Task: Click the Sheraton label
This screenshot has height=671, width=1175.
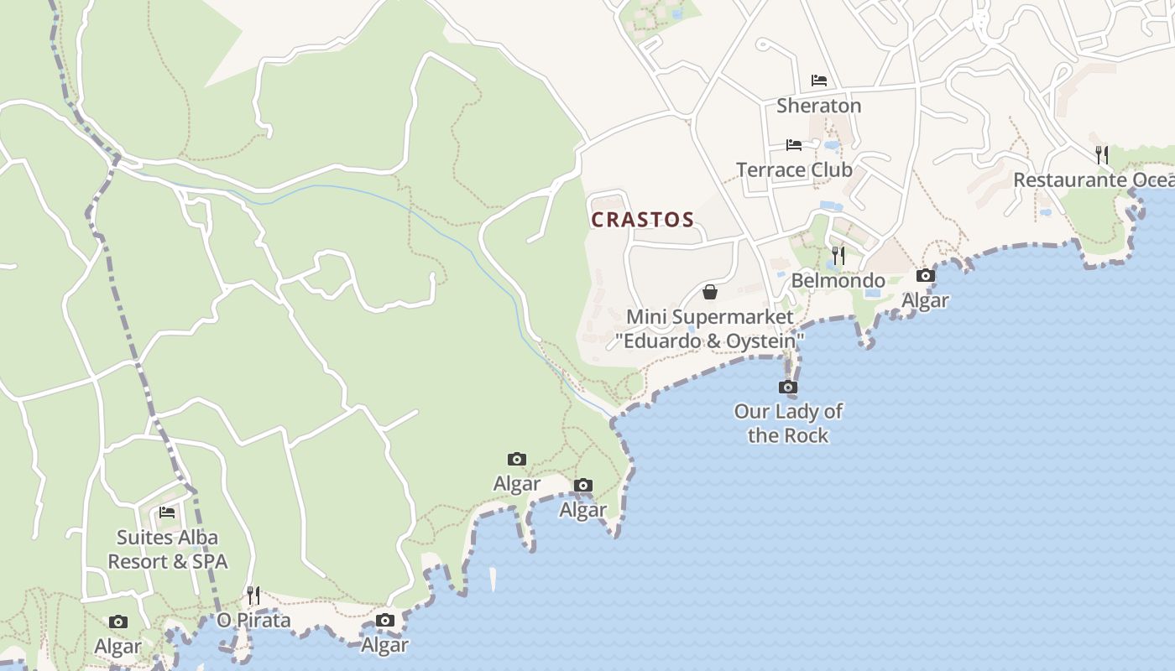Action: click(x=818, y=106)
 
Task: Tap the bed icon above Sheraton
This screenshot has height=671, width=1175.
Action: click(x=819, y=81)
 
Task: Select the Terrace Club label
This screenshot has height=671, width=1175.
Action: click(x=794, y=170)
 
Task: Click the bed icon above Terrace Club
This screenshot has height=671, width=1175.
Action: click(x=794, y=145)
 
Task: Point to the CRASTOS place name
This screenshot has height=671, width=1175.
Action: click(x=643, y=221)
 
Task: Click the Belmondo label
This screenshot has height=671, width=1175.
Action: click(x=838, y=281)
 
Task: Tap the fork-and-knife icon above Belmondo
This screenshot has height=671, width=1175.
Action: click(x=838, y=255)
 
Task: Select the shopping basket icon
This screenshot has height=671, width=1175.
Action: click(x=710, y=292)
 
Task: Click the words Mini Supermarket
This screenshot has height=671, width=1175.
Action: click(x=710, y=317)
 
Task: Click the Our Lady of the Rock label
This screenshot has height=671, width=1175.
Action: click(x=788, y=424)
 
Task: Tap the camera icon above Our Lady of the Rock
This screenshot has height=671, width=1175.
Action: click(x=788, y=387)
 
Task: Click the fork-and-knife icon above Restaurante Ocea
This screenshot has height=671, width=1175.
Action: click(x=1102, y=154)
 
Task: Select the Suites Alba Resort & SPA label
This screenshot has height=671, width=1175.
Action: click(x=167, y=549)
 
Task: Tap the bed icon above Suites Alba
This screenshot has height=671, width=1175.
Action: click(x=167, y=512)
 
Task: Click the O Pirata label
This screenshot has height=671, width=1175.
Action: click(x=253, y=621)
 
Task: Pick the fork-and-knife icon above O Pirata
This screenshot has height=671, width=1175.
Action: click(x=253, y=596)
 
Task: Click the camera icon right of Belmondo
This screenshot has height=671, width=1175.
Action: click(x=926, y=275)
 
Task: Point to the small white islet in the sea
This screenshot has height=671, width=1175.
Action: click(x=493, y=578)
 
